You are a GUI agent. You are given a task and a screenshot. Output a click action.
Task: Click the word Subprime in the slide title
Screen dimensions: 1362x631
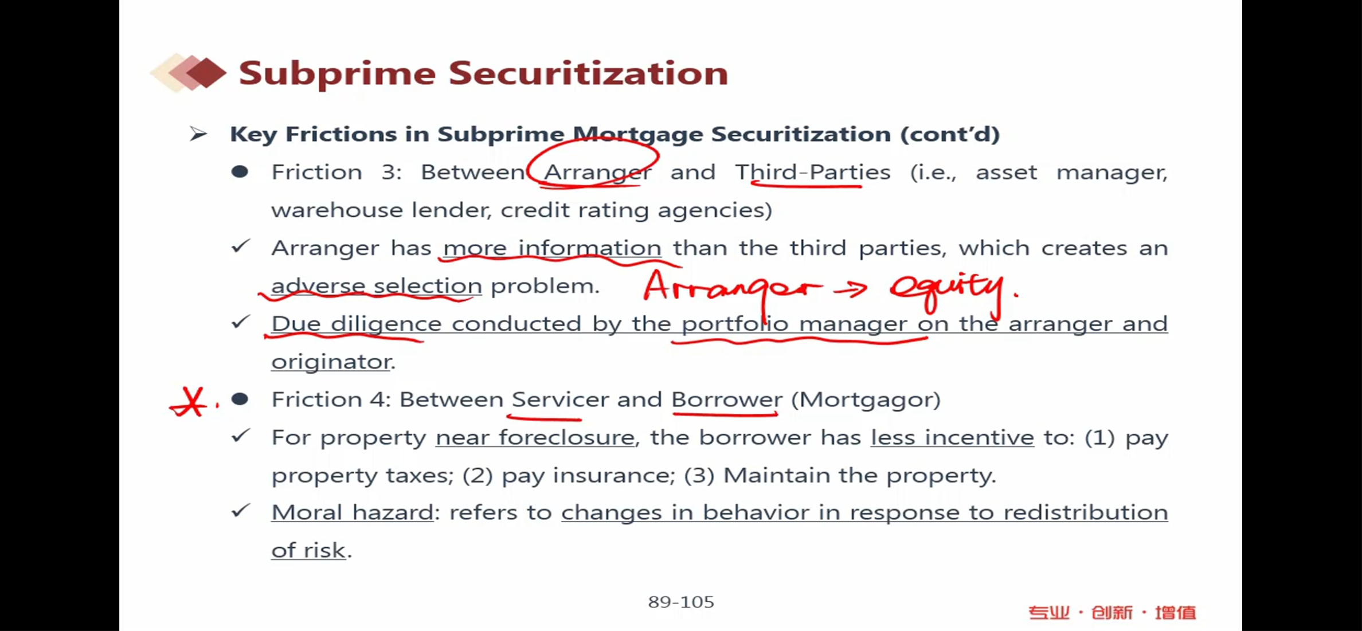pos(337,75)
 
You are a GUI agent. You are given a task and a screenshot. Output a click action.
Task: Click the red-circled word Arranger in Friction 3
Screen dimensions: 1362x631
pos(598,173)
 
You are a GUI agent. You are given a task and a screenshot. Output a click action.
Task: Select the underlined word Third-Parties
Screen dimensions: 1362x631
pos(813,172)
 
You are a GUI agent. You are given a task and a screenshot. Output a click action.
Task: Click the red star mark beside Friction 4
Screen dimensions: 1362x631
pos(189,402)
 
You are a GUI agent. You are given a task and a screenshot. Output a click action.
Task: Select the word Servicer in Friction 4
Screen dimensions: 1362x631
pos(560,399)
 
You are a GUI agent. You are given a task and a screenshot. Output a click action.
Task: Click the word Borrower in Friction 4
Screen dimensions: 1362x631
pos(726,399)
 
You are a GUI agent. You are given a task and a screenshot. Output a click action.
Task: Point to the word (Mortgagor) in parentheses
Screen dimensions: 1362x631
pos(866,400)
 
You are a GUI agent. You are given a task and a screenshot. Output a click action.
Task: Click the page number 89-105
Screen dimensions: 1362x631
pos(681,602)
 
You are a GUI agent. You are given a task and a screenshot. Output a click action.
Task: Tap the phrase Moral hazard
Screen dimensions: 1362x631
pos(352,512)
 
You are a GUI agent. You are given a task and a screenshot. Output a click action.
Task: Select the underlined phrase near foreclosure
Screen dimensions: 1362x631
pos(535,438)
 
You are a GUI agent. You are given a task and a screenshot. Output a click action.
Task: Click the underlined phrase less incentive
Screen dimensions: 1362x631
pos(952,438)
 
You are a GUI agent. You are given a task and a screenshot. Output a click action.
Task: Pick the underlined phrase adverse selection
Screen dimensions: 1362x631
pos(377,286)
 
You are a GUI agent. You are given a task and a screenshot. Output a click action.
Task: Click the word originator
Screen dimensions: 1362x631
pos(331,362)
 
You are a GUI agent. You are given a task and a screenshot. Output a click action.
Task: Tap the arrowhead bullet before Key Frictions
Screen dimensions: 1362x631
pos(198,134)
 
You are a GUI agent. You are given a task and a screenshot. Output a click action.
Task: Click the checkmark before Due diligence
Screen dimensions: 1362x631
pos(241,322)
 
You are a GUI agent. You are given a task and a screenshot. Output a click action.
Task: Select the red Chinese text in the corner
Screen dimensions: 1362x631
pos(1112,613)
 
